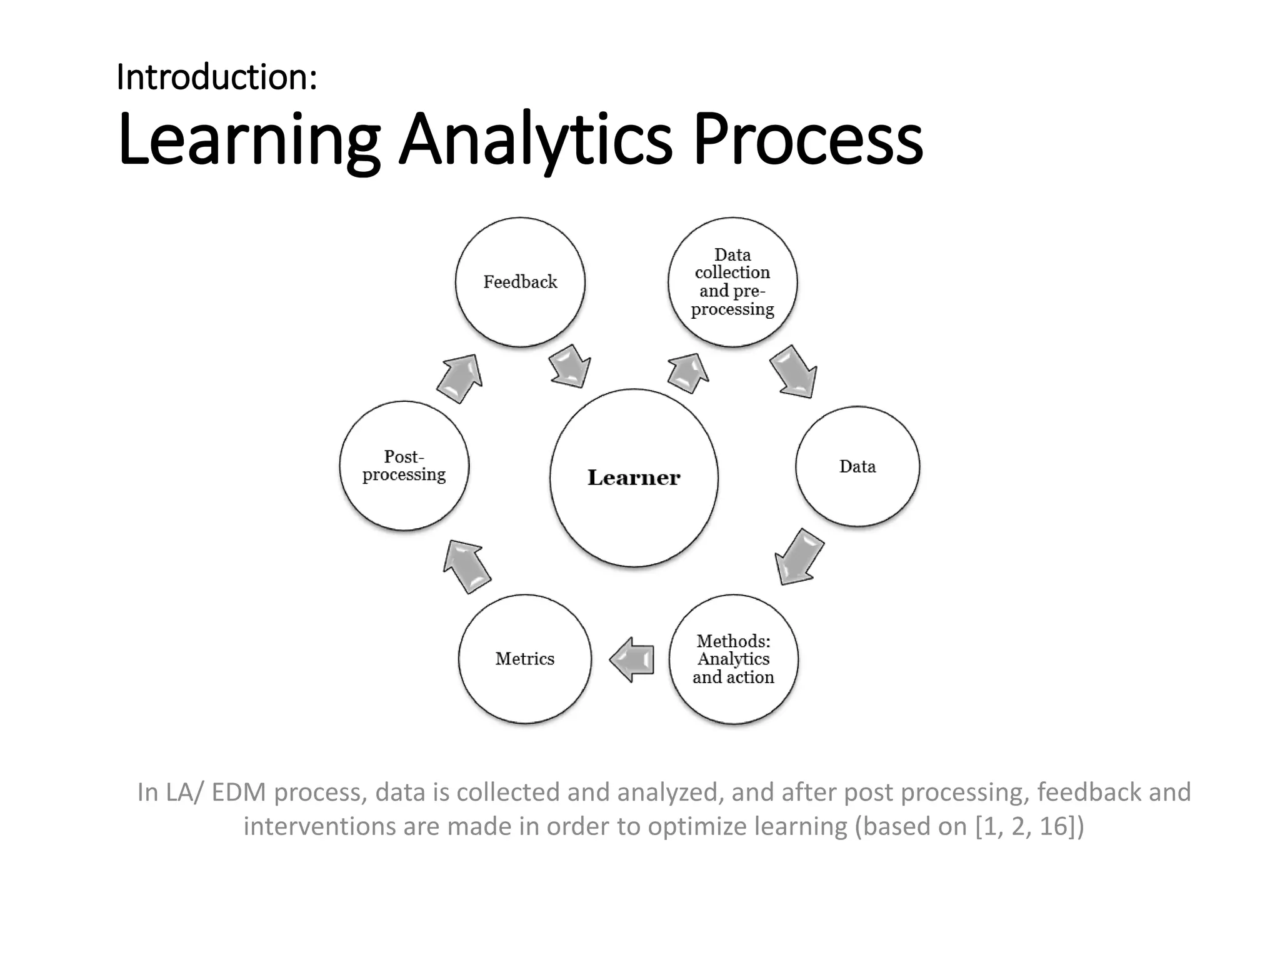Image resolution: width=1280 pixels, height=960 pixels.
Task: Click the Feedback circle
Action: pyautogui.click(x=520, y=282)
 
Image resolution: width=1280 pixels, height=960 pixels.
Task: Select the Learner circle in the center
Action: pyautogui.click(x=634, y=478)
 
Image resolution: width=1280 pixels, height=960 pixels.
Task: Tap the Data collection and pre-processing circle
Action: pyautogui.click(x=732, y=282)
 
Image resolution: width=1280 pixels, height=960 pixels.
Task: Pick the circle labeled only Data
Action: pyautogui.click(x=857, y=466)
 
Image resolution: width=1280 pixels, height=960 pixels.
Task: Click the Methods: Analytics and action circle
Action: pyautogui.click(x=733, y=659)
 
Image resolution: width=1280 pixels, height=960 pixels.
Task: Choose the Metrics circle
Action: pyautogui.click(x=525, y=659)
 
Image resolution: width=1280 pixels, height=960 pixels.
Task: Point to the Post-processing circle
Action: pyautogui.click(x=404, y=466)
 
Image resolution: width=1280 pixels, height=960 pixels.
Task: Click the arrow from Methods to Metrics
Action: pyautogui.click(x=632, y=659)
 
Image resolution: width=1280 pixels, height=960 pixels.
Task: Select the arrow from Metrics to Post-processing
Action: pyautogui.click(x=466, y=566)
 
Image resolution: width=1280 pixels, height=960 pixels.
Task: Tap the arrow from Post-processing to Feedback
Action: pyautogui.click(x=461, y=377)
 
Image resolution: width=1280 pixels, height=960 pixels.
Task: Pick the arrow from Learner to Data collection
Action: pyautogui.click(x=688, y=372)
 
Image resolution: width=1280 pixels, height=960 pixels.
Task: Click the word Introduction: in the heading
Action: pyautogui.click(x=217, y=77)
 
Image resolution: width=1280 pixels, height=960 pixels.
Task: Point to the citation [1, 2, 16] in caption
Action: pyautogui.click(x=1029, y=826)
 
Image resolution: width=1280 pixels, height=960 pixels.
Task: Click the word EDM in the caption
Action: pyautogui.click(x=239, y=792)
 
